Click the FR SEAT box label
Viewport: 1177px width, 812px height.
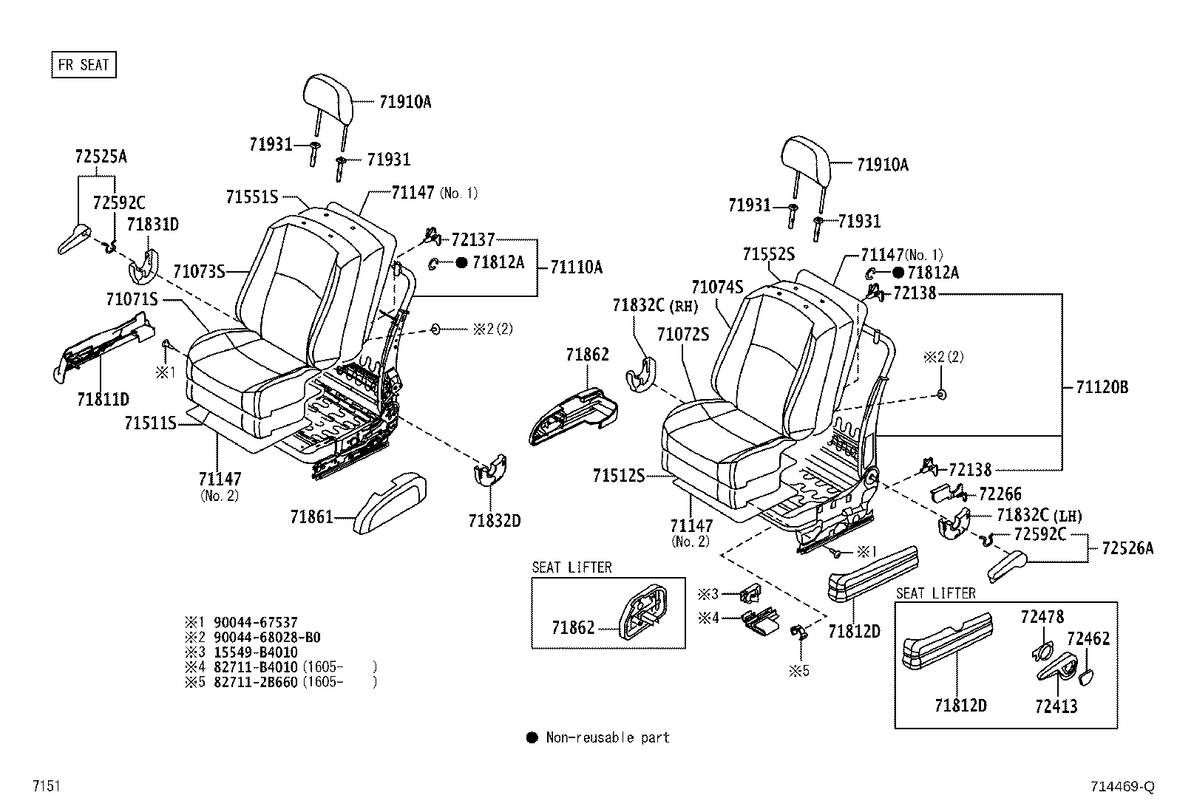(x=84, y=65)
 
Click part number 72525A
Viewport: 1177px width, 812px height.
(x=101, y=157)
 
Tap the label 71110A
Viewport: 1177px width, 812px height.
(x=576, y=267)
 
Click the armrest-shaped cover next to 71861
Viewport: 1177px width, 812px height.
(x=390, y=502)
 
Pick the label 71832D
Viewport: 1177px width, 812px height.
(x=494, y=521)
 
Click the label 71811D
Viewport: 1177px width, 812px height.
(x=103, y=400)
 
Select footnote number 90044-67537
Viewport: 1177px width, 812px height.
(x=255, y=623)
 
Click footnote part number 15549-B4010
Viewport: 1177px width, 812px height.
(x=255, y=652)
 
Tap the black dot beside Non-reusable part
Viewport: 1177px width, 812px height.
(x=532, y=737)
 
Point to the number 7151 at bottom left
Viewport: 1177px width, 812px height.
(x=46, y=786)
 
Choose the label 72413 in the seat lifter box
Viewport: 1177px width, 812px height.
(x=1056, y=706)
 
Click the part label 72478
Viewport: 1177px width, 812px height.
(x=1042, y=616)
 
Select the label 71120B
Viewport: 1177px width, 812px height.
(x=1102, y=387)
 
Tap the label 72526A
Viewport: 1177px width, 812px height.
(x=1127, y=548)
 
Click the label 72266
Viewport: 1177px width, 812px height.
(x=1000, y=494)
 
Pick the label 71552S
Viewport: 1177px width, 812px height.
(x=768, y=254)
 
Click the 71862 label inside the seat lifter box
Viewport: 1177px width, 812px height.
(x=573, y=628)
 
